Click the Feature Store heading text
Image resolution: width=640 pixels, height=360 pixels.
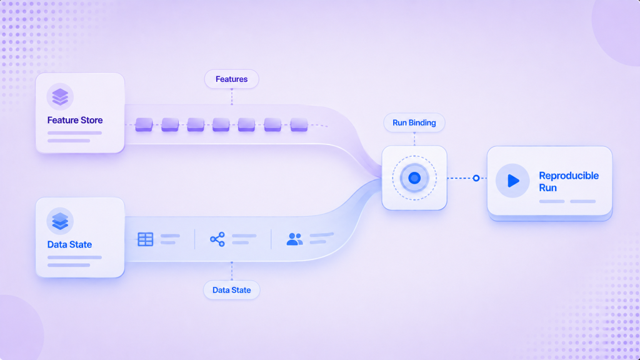75,120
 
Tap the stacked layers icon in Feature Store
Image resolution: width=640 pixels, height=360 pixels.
60,97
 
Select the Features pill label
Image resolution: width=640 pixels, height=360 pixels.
231,79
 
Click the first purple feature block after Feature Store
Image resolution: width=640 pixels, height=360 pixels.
144,124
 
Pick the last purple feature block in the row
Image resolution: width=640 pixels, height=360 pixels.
299,124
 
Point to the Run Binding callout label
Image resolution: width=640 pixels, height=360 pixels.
414,122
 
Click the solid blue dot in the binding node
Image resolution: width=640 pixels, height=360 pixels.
414,178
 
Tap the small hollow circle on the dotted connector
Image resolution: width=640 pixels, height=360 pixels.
476,178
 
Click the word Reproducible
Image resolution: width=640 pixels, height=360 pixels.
569,176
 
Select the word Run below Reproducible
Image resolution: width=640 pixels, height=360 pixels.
547,187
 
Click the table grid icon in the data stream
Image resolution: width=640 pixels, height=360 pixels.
145,239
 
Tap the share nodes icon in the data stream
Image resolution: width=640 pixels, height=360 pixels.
217,239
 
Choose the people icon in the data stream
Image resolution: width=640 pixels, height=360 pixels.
295,239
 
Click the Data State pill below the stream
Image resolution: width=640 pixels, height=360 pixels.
231,290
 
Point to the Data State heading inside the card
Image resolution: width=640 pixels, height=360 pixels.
69,244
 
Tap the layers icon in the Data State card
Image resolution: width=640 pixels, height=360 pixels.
60,221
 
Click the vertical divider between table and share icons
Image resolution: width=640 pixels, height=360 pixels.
195,239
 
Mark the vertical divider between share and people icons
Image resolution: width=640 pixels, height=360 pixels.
271,239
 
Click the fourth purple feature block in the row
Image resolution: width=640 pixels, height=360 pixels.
221,124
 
